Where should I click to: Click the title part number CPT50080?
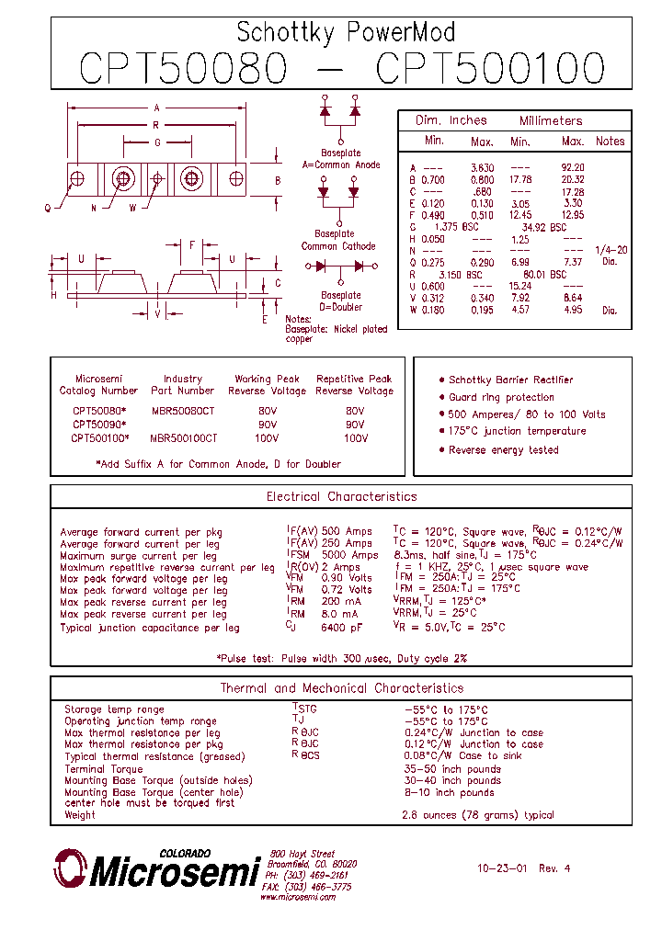tap(183, 68)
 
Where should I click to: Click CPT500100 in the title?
tap(491, 68)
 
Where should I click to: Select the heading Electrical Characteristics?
tap(341, 497)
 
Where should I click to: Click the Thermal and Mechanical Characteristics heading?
tap(341, 688)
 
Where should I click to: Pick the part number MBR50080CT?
tap(182, 412)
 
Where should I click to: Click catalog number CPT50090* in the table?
tap(98, 425)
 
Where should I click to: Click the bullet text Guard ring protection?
tap(501, 398)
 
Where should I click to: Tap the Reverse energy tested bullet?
tap(503, 450)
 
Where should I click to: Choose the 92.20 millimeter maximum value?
tap(573, 167)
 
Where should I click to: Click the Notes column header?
tap(610, 142)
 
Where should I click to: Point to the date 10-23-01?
tap(502, 868)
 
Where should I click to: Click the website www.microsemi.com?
tap(297, 898)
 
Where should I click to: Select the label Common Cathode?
tap(339, 246)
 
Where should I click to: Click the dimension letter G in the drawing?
tap(157, 142)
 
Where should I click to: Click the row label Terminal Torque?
tap(104, 769)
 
